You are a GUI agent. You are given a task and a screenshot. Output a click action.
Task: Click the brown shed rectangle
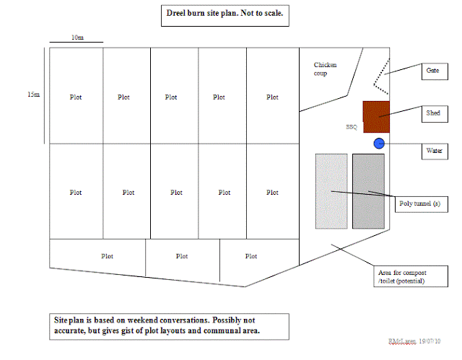[376, 117]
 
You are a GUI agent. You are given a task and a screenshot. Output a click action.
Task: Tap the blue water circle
[379, 144]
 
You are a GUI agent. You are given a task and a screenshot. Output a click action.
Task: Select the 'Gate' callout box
[433, 71]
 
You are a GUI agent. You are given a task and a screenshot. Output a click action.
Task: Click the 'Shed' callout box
[433, 114]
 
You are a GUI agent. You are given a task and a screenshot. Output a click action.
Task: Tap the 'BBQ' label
[352, 127]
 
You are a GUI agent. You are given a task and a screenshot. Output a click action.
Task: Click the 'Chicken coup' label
[325, 69]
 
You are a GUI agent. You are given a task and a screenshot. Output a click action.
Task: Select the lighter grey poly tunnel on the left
[331, 191]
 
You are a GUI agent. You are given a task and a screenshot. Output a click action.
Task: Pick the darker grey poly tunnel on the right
[368, 191]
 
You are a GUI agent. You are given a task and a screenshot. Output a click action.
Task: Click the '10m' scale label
[77, 36]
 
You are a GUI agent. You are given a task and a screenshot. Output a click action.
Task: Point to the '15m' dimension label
[32, 95]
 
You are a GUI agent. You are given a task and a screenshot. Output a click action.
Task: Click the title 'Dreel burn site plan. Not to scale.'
[224, 14]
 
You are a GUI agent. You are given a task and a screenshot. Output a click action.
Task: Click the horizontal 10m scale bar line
[76, 43]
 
